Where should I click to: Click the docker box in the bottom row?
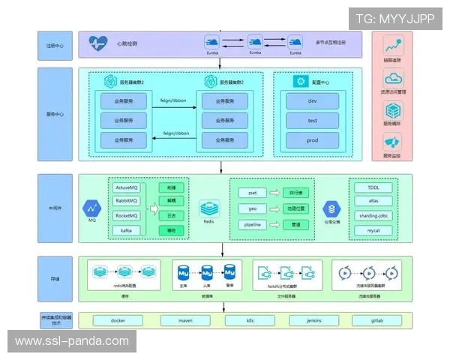[117, 320]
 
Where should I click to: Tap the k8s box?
[250, 320]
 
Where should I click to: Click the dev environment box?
[312, 100]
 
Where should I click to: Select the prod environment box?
[312, 139]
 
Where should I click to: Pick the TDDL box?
[373, 187]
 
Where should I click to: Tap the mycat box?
[373, 230]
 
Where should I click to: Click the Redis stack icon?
[208, 206]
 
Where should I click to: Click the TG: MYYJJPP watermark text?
[394, 19]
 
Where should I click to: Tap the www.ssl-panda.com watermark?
[72, 341]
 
